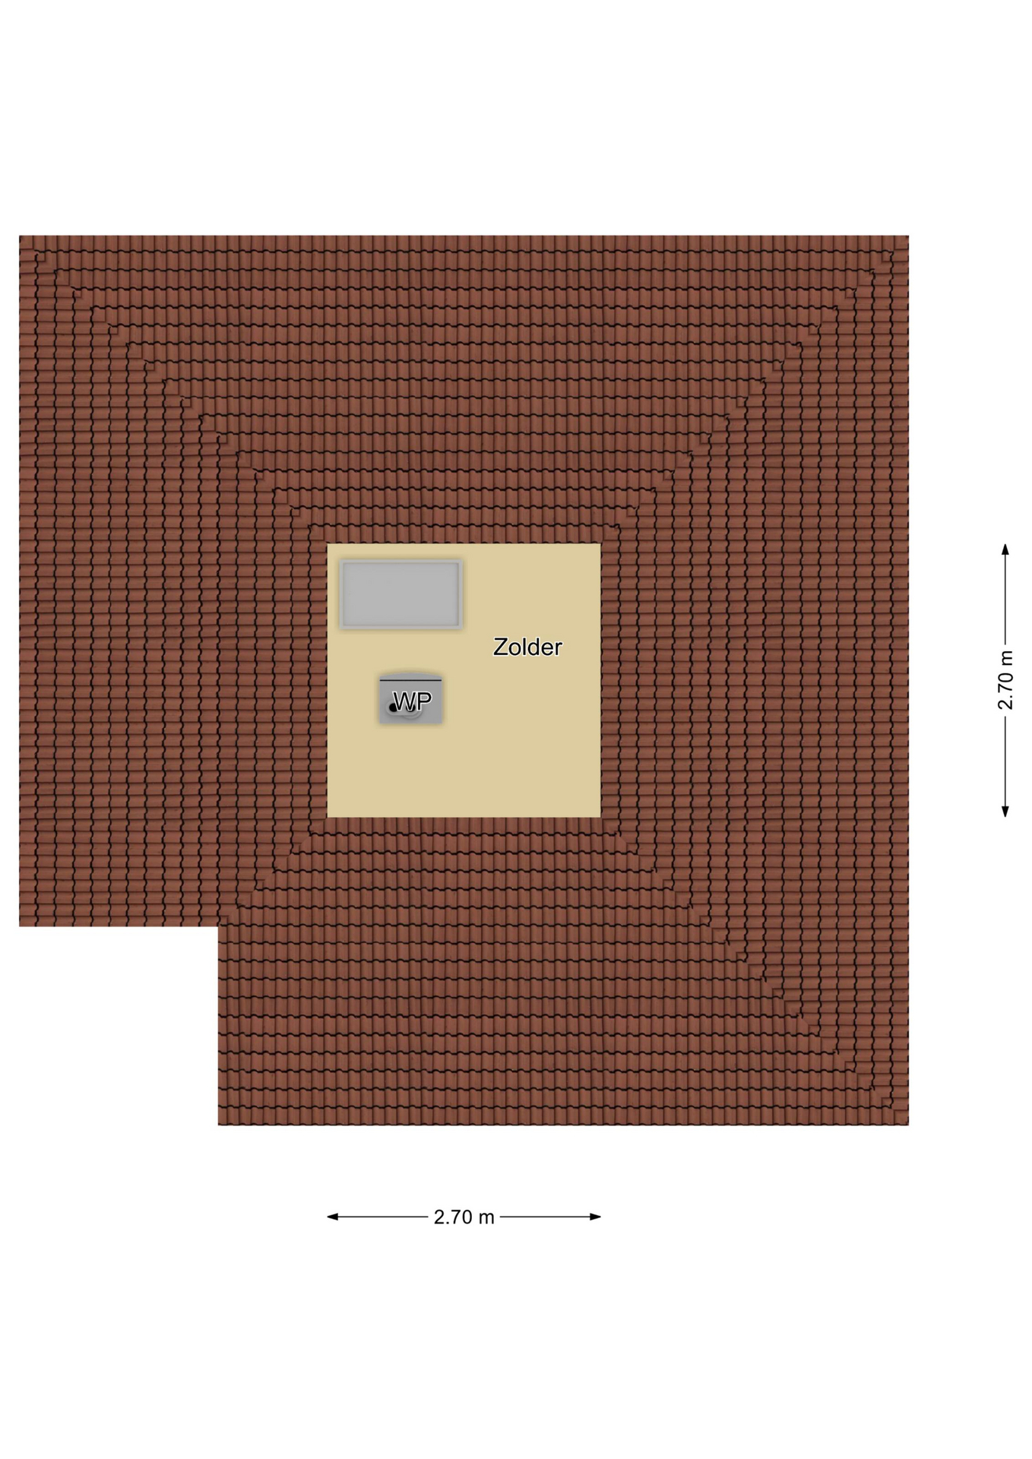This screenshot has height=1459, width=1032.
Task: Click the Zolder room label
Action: click(527, 647)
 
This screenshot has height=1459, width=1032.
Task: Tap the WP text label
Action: click(412, 701)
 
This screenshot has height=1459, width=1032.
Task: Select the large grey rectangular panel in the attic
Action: click(400, 594)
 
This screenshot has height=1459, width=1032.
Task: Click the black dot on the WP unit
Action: click(393, 708)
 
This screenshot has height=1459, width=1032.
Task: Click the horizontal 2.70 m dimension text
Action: click(464, 1217)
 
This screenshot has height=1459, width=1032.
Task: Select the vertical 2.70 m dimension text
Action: click(1005, 680)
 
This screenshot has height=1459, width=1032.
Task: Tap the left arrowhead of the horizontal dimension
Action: click(332, 1217)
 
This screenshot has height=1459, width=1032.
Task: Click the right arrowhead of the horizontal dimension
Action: click(596, 1217)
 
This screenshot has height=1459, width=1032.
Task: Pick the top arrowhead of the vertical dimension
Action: click(1005, 549)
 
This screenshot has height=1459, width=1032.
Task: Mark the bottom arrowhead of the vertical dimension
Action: click(1005, 812)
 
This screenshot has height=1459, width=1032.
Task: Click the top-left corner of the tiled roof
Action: click(20, 236)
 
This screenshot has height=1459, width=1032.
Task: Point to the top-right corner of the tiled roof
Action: click(908, 236)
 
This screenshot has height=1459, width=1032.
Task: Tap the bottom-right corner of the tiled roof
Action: click(908, 1125)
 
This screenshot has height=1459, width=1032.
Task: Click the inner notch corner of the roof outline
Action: click(218, 926)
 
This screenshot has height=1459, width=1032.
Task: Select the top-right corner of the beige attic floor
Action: click(600, 544)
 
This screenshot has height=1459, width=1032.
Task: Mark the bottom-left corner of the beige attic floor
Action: click(328, 817)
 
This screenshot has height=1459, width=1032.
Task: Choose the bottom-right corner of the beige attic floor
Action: click(600, 817)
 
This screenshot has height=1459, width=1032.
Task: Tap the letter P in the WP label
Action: click(424, 701)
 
